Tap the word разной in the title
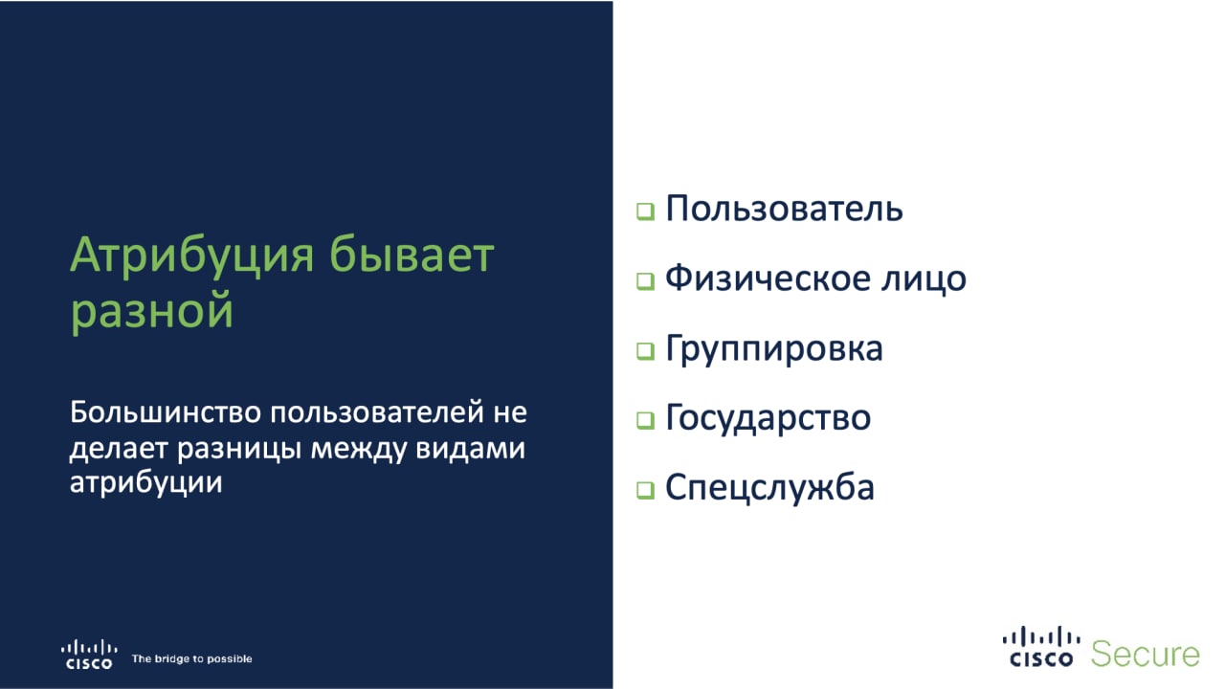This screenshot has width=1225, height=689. coord(152,312)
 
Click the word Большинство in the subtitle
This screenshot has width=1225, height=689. coord(166,412)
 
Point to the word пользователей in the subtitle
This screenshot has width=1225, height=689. coord(377,413)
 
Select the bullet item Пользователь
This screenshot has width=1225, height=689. coord(784,209)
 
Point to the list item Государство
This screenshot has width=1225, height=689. coord(768,419)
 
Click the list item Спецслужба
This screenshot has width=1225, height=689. coord(769,488)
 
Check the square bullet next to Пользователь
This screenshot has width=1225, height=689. coord(645,211)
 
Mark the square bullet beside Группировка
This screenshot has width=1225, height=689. coord(645,351)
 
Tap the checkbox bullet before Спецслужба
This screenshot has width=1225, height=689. coord(645,490)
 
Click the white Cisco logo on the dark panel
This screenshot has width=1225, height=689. coord(89,654)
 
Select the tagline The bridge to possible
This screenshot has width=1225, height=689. coord(192,659)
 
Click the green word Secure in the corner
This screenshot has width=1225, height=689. coord(1146,654)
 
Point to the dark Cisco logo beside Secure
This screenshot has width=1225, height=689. coord(1041,647)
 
